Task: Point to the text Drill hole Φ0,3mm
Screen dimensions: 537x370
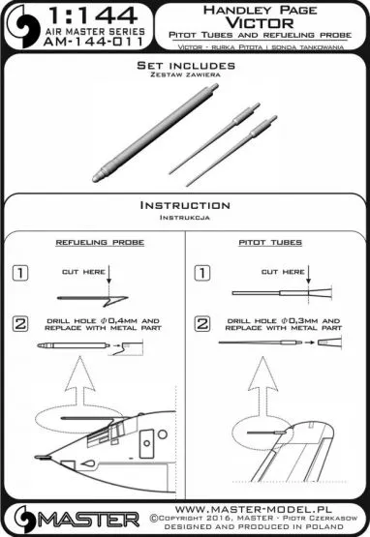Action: tap(278, 319)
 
